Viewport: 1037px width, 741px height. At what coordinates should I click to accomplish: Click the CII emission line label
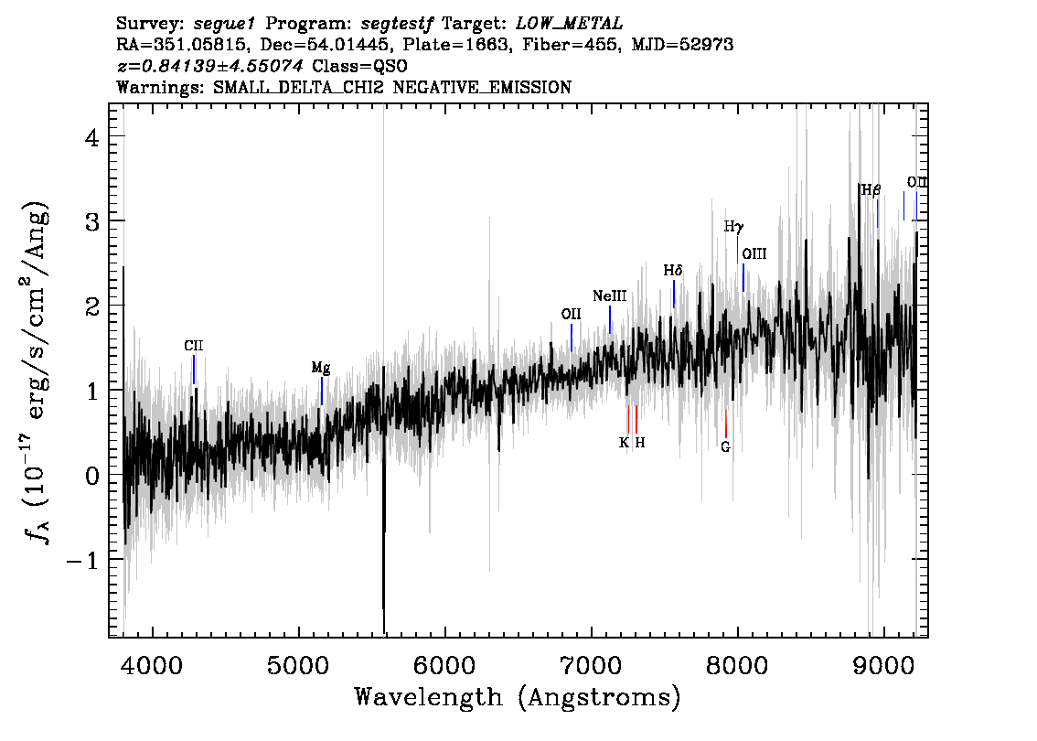click(193, 346)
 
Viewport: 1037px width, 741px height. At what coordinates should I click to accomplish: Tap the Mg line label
click(321, 368)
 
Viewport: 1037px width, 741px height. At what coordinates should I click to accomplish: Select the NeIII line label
click(609, 296)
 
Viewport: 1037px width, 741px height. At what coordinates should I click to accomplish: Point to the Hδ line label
click(673, 271)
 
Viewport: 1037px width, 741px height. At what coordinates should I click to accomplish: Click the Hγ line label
click(733, 227)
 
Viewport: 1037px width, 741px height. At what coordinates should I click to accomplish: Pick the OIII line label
click(754, 254)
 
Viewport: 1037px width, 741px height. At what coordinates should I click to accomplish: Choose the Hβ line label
click(871, 190)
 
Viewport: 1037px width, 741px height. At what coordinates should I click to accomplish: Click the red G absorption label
click(725, 446)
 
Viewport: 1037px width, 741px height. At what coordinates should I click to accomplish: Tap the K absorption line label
click(624, 443)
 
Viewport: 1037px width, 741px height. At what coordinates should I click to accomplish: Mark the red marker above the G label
click(725, 424)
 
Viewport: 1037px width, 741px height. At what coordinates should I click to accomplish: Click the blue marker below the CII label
click(194, 370)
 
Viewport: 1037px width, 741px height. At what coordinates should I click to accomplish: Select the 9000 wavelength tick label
click(882, 665)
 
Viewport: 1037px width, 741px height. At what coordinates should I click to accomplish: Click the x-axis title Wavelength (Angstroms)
click(518, 698)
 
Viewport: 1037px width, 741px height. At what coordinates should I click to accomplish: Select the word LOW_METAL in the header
click(570, 24)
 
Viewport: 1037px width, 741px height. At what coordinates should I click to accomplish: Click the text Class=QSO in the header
click(359, 66)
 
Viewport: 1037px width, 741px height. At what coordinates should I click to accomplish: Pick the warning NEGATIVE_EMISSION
click(482, 87)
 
